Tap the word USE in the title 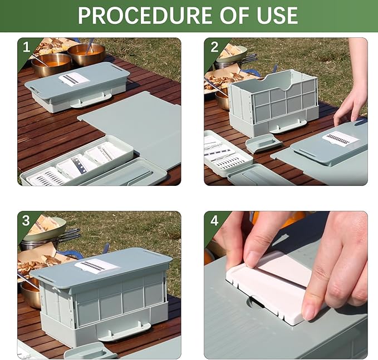273,16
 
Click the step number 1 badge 26,47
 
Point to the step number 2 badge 214,47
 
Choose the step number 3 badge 26,220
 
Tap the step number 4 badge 214,220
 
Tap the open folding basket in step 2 273,100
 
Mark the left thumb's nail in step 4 254,258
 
